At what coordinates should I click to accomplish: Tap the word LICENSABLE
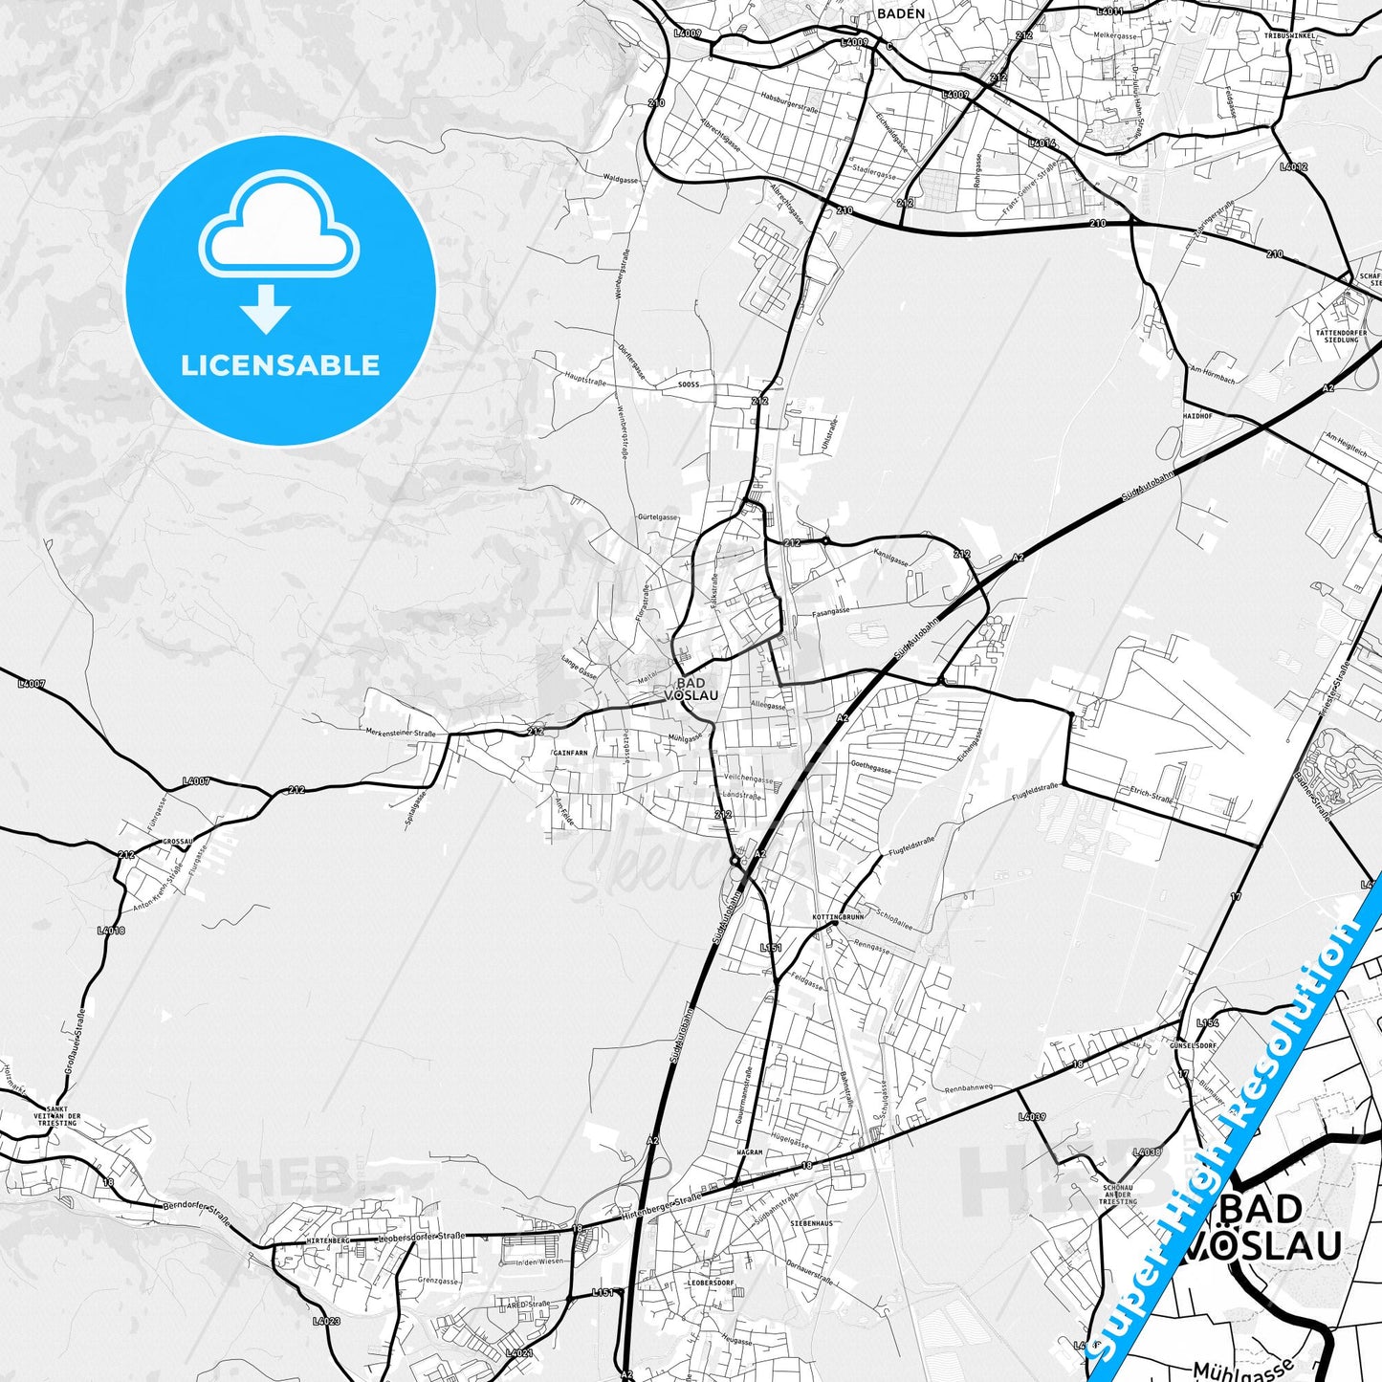point(280,365)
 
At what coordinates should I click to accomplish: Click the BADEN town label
point(900,13)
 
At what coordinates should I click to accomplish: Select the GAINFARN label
point(570,753)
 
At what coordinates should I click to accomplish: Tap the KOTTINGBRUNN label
point(837,916)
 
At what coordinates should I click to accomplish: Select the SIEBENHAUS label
point(811,1223)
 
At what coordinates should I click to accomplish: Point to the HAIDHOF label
point(1197,417)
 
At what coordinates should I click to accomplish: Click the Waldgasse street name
point(621,178)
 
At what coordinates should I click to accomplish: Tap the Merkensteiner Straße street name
point(401,734)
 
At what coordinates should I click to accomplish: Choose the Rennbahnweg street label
point(969,1088)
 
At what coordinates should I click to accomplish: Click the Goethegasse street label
point(870,768)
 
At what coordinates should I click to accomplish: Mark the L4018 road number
point(111,930)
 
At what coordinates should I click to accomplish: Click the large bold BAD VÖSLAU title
point(1262,1227)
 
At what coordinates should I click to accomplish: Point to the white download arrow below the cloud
point(266,309)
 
